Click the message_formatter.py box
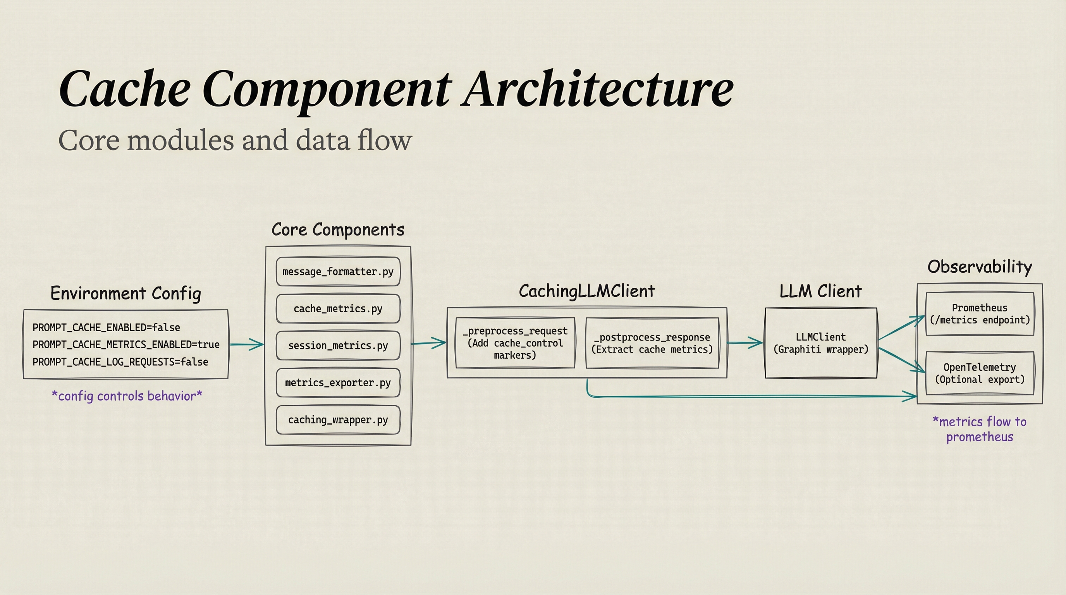pos(338,272)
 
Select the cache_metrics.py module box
pos(338,309)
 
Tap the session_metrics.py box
pos(338,346)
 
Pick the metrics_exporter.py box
pos(338,383)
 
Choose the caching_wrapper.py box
pos(338,420)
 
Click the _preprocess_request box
pos(515,343)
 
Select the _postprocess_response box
pos(652,343)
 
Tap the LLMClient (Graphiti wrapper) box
pos(820,343)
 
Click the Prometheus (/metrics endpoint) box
pos(980,314)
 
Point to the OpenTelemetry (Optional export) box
pos(980,373)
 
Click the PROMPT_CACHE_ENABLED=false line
pos(107,328)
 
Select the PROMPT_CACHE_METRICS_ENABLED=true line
pos(126,345)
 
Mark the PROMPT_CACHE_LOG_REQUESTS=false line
pos(120,362)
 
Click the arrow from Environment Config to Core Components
pos(247,344)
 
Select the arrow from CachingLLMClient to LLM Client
pos(745,342)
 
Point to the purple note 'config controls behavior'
pos(127,396)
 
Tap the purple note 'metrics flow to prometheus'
pos(980,429)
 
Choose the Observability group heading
pos(980,267)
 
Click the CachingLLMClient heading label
pos(587,291)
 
